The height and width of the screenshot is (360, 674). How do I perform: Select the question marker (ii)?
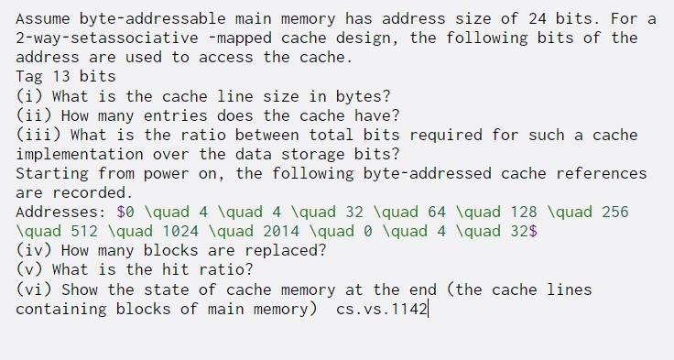32,115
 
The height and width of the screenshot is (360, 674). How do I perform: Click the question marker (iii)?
36,134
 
